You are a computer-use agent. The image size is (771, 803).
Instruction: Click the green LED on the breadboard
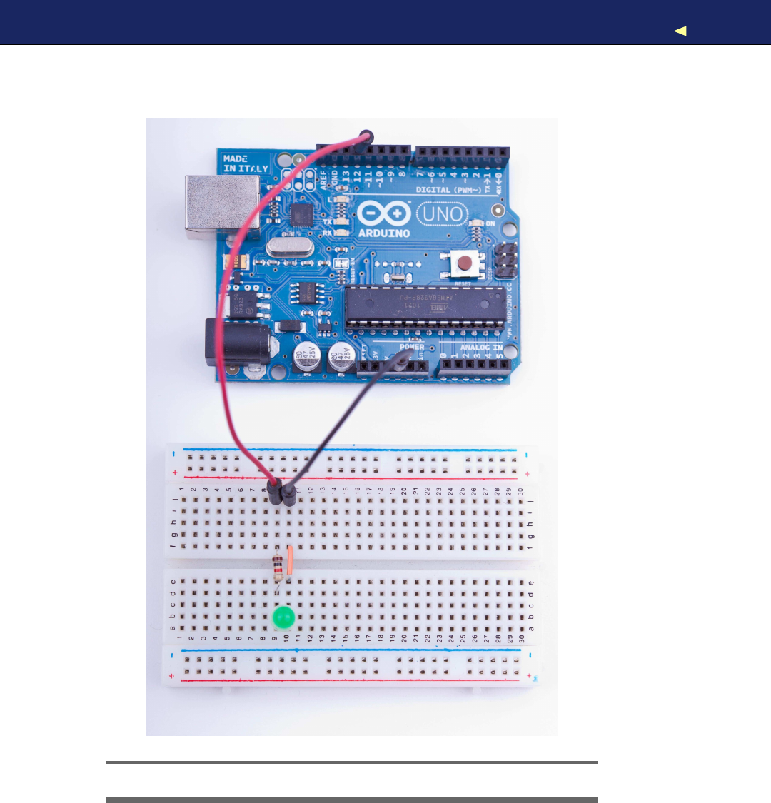[x=283, y=617]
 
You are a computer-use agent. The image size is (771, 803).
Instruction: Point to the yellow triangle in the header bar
[x=680, y=31]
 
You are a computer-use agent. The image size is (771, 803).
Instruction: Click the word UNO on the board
[x=443, y=213]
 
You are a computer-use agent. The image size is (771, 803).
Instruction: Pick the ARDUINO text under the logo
[x=384, y=233]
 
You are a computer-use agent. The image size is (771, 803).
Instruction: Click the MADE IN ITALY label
[x=245, y=163]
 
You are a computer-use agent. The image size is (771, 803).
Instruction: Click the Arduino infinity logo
[x=384, y=213]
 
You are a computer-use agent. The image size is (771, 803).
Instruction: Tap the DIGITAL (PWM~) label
[x=443, y=190]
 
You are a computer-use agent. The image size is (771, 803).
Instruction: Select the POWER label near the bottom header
[x=412, y=347]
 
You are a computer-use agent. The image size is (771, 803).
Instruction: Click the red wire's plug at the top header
[x=367, y=136]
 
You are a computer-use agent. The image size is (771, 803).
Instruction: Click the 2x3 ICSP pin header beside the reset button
[x=505, y=261]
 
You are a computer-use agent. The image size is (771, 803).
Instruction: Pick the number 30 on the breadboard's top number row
[x=521, y=490]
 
